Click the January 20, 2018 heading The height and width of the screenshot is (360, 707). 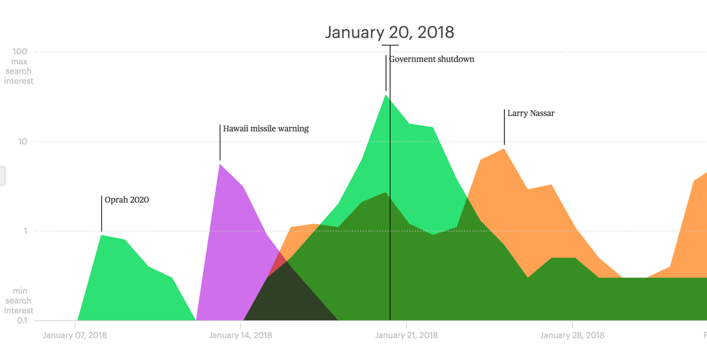pyautogui.click(x=389, y=32)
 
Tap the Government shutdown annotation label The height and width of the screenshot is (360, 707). pyautogui.click(x=432, y=59)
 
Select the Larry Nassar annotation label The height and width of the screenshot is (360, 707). pyautogui.click(x=531, y=113)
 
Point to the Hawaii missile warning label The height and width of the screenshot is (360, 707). pyautogui.click(x=266, y=128)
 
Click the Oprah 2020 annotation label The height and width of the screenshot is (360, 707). pyautogui.click(x=127, y=200)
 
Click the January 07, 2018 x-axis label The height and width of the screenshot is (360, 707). pyautogui.click(x=75, y=336)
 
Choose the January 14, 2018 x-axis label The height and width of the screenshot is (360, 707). pyautogui.click(x=240, y=336)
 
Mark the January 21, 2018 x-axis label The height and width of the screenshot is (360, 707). pyautogui.click(x=407, y=336)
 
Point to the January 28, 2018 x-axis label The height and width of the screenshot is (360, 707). pyautogui.click(x=572, y=336)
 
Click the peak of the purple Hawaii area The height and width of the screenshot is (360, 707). pyautogui.click(x=220, y=166)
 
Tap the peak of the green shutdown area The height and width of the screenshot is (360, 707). pyautogui.click(x=386, y=96)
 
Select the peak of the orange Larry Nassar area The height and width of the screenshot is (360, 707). pyautogui.click(x=504, y=150)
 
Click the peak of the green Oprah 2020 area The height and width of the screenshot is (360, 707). pyautogui.click(x=102, y=236)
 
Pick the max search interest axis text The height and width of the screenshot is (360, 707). pyautogui.click(x=19, y=71)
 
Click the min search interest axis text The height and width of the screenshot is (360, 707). pyautogui.click(x=19, y=301)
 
